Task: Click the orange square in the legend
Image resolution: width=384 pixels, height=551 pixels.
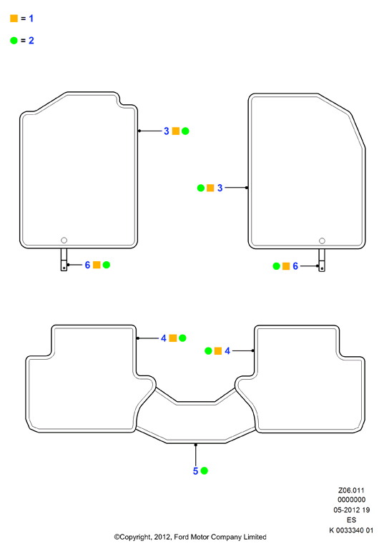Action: pyautogui.click(x=14, y=19)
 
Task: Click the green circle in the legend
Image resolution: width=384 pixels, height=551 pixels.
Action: pyautogui.click(x=14, y=41)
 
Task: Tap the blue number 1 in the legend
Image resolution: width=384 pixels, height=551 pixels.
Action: pyautogui.click(x=31, y=19)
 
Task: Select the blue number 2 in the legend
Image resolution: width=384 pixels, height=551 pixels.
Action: pyautogui.click(x=31, y=41)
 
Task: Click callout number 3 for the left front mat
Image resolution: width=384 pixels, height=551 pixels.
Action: pyautogui.click(x=167, y=131)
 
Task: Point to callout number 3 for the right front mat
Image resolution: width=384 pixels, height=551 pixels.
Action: pyautogui.click(x=220, y=188)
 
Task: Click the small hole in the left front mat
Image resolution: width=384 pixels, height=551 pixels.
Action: pyautogui.click(x=64, y=241)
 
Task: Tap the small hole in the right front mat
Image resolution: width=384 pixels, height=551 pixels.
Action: pyautogui.click(x=322, y=241)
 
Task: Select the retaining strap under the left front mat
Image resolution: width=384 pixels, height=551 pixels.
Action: pyautogui.click(x=64, y=260)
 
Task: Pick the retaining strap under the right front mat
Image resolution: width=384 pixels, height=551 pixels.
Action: pyautogui.click(x=322, y=261)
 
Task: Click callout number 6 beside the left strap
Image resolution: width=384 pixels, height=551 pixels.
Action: pyautogui.click(x=88, y=265)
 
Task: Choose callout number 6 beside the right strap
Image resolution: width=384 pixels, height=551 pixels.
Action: pyautogui.click(x=295, y=266)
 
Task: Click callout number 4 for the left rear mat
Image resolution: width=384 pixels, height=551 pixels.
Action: pyautogui.click(x=164, y=338)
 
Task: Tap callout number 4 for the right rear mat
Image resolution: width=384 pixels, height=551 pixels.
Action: pyautogui.click(x=227, y=351)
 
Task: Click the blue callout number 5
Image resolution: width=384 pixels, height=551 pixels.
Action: pyautogui.click(x=196, y=471)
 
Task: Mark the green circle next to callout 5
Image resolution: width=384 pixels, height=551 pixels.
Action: pyautogui.click(x=204, y=471)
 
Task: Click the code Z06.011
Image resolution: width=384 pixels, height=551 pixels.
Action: pyautogui.click(x=351, y=490)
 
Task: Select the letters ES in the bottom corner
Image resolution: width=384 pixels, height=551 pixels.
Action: pyautogui.click(x=352, y=520)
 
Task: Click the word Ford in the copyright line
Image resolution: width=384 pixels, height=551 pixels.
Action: pyautogui.click(x=181, y=537)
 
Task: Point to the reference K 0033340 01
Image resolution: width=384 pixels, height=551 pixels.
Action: pyautogui.click(x=351, y=530)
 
